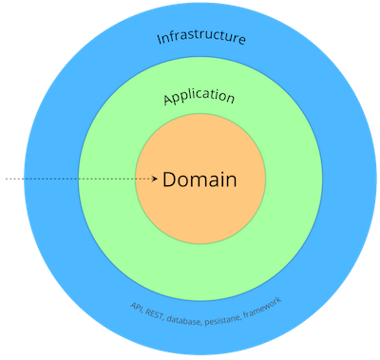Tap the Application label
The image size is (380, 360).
199,97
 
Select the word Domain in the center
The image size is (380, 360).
199,179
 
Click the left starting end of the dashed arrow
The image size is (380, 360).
6,179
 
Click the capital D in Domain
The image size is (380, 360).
169,179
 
